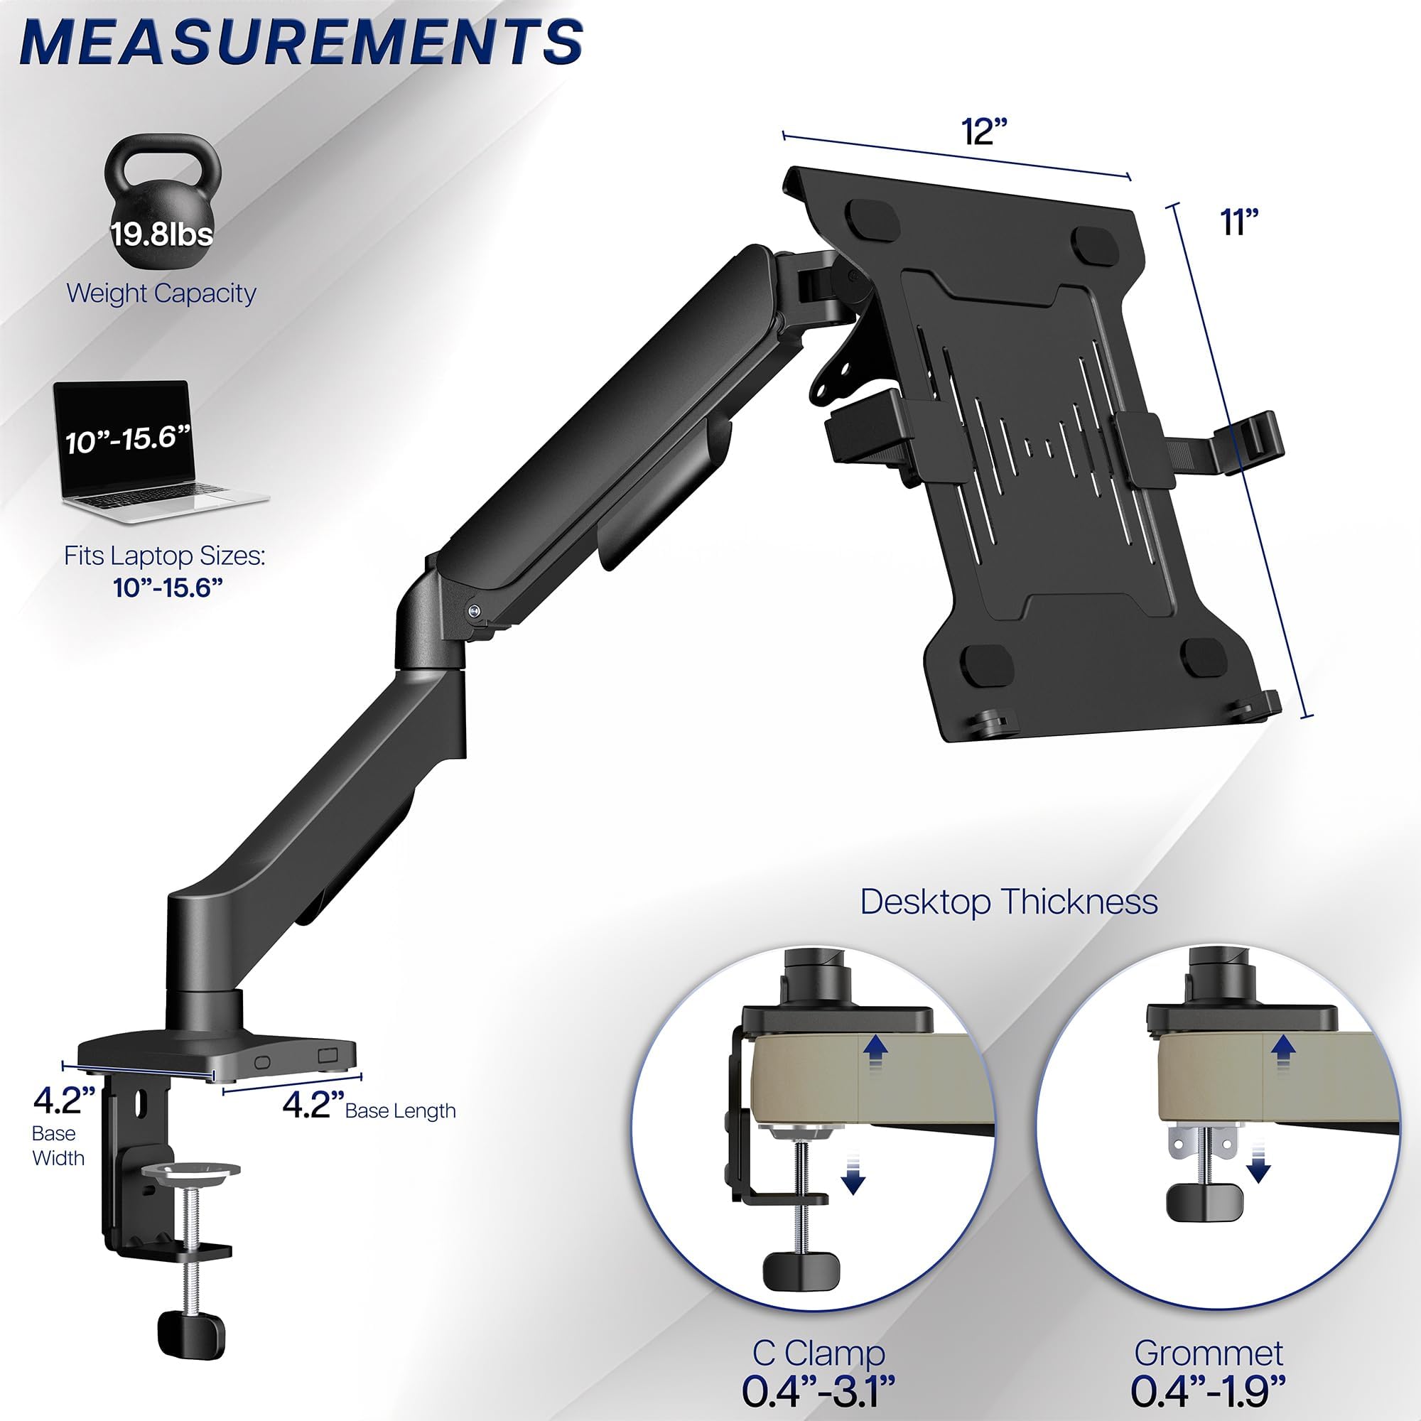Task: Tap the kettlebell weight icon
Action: click(x=162, y=206)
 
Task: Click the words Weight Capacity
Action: click(x=161, y=293)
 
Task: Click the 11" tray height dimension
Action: click(x=1240, y=222)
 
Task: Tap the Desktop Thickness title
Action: click(x=1008, y=902)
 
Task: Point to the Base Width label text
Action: click(x=58, y=1145)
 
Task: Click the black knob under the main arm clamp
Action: click(x=190, y=1329)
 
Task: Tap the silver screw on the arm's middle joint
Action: click(x=475, y=609)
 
